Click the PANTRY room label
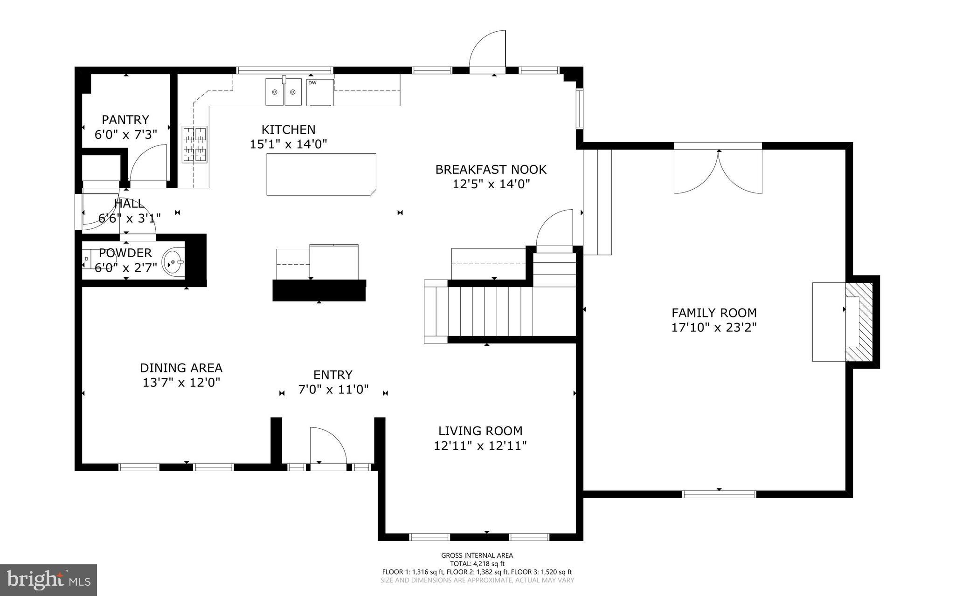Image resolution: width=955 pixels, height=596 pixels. [x=125, y=120]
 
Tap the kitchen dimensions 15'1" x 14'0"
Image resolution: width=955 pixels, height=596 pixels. [x=288, y=144]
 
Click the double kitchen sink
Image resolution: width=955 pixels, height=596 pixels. [x=284, y=92]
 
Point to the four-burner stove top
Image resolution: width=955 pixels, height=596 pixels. [x=194, y=144]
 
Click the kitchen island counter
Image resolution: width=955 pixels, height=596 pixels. [x=321, y=174]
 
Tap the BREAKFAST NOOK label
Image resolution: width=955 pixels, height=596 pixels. [x=491, y=169]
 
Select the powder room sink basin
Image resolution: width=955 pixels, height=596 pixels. [x=173, y=262]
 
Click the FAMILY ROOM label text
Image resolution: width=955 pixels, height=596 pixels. [x=713, y=313]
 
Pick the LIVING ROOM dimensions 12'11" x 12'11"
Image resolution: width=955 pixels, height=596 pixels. [x=480, y=446]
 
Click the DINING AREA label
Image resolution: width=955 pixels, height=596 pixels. [x=181, y=368]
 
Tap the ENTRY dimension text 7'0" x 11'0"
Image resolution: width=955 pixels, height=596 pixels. [x=333, y=390]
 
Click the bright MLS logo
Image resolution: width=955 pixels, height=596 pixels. [x=48, y=580]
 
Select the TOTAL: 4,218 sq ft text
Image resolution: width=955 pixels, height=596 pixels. [x=477, y=563]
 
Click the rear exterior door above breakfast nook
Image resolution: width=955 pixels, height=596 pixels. [x=487, y=51]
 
